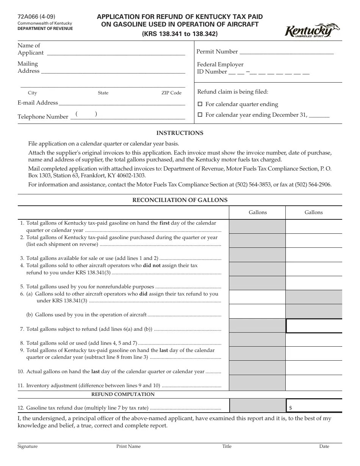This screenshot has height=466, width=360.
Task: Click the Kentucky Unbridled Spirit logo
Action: (312, 30)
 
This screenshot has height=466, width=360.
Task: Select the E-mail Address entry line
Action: (122, 103)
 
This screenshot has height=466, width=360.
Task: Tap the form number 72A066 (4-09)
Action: (36, 16)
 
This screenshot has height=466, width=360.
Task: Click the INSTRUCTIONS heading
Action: (180, 133)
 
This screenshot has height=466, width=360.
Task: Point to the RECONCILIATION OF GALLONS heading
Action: (180, 200)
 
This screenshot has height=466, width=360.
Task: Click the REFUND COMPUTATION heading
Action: (123, 394)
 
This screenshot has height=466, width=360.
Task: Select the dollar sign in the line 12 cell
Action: (291, 408)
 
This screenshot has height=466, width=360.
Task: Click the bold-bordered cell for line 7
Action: (314, 325)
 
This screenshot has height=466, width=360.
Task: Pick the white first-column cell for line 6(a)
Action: (257, 297)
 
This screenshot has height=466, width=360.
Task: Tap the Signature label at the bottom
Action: (28, 446)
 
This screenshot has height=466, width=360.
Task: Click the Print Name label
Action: (128, 446)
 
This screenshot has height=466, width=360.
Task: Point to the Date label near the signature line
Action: (324, 446)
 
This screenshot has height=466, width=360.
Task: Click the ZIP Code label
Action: (171, 93)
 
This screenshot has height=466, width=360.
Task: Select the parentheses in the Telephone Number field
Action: (86, 114)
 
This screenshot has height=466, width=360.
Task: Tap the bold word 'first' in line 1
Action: (164, 223)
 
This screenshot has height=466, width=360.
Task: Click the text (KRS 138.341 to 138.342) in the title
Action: (180, 34)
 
